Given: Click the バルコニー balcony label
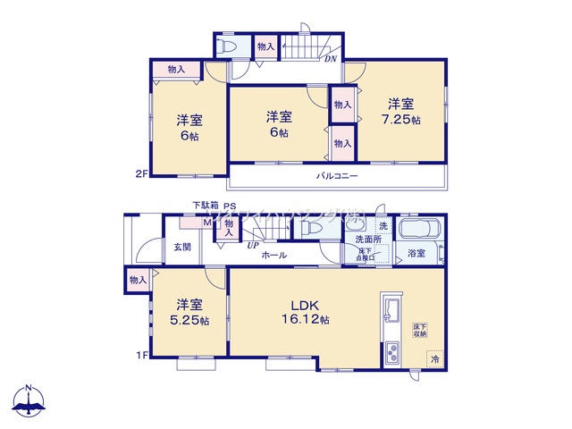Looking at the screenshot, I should [x=337, y=177].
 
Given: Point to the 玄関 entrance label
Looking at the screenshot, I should [x=181, y=247].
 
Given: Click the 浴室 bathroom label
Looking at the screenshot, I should [x=416, y=254].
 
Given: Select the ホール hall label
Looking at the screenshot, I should [x=273, y=256].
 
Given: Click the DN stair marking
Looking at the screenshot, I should [x=330, y=60].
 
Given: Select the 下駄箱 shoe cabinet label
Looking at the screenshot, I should [x=204, y=206].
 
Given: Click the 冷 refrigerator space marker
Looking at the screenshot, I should [x=435, y=359].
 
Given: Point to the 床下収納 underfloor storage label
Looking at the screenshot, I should [x=420, y=330].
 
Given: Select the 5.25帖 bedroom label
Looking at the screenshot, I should [x=191, y=311].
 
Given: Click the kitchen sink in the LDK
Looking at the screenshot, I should [x=391, y=310].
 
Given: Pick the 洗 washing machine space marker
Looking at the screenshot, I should [x=382, y=224].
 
